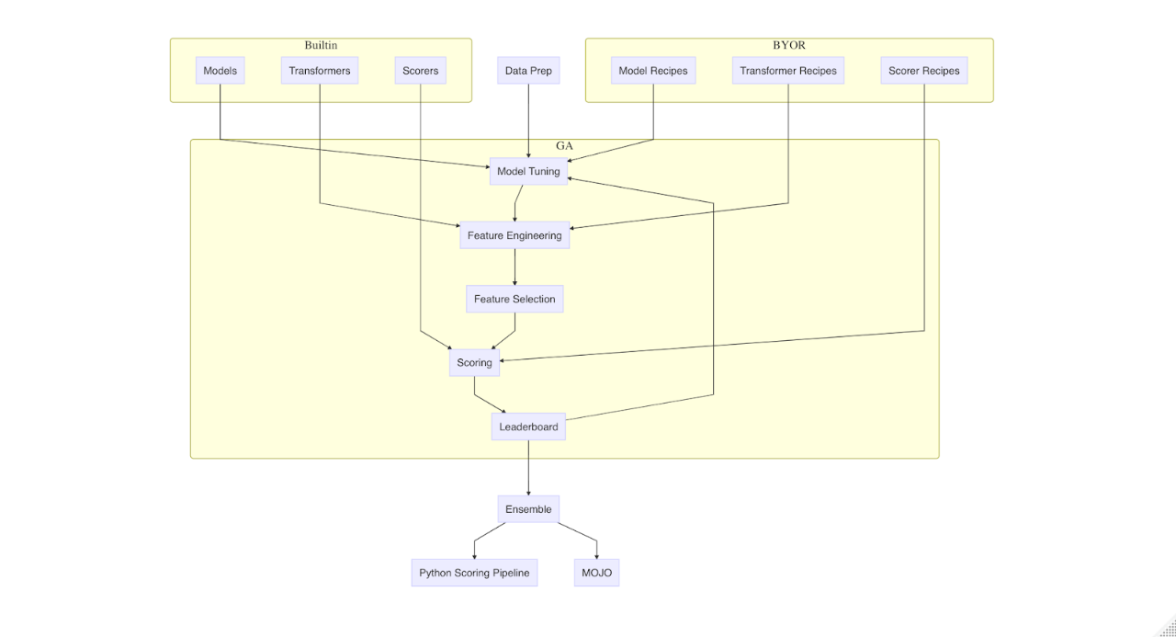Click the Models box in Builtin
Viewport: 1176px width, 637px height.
220,71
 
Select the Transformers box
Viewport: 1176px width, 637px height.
319,71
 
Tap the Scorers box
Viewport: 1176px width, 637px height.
420,71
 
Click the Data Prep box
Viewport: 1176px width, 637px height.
528,71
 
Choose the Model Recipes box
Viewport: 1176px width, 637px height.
653,71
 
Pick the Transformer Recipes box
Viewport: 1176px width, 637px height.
788,71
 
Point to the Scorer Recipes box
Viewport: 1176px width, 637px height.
923,71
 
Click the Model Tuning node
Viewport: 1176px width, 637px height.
528,172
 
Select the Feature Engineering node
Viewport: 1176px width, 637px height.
514,235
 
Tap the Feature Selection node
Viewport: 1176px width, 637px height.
514,299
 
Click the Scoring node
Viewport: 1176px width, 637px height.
475,363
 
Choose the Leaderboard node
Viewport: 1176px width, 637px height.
528,427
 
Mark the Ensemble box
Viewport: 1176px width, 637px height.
528,509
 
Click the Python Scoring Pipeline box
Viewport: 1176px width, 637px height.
474,573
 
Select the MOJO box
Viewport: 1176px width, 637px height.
596,573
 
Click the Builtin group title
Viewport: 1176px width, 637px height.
321,45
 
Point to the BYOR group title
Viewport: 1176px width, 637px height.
788,45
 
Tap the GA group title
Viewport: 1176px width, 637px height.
564,145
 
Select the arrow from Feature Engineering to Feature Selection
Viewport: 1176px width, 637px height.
514,267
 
